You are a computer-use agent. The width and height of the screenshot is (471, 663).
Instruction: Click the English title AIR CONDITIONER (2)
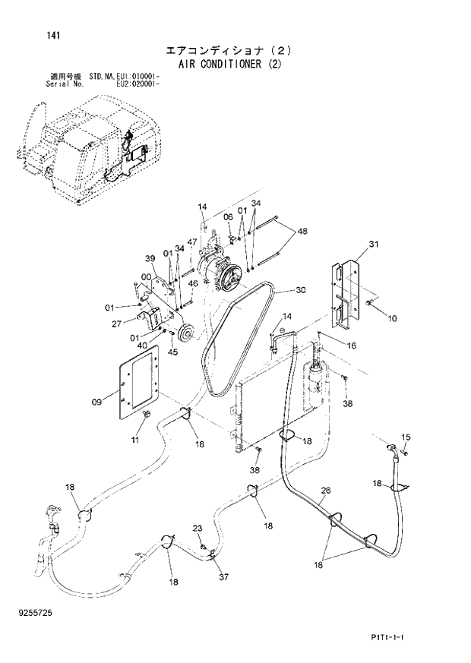[229, 65]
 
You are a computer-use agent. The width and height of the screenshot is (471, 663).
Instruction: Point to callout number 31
[373, 244]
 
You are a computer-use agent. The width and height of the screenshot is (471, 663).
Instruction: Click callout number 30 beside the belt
[300, 289]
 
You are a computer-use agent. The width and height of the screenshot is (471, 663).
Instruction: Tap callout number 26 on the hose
[325, 491]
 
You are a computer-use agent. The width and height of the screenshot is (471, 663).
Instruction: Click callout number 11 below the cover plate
[134, 440]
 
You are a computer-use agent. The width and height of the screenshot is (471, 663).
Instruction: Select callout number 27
[116, 323]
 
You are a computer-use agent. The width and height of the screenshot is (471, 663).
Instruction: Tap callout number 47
[193, 242]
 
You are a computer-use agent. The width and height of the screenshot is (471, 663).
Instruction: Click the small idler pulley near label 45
[184, 333]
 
